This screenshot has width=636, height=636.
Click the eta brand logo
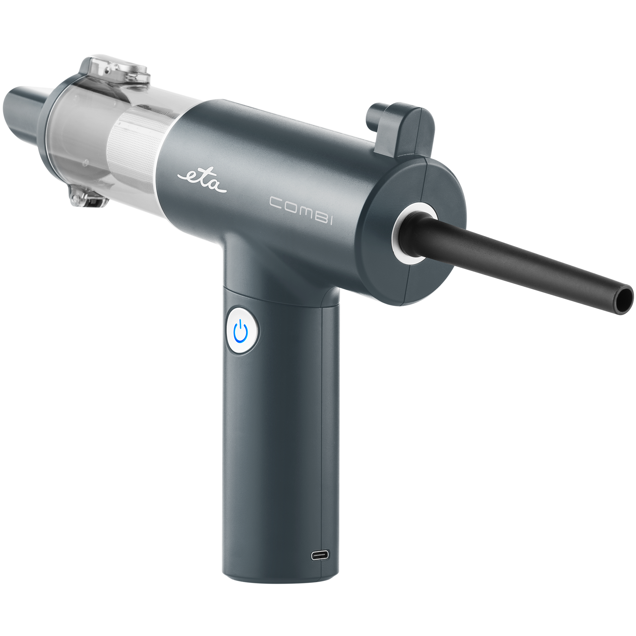point(202,180)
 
